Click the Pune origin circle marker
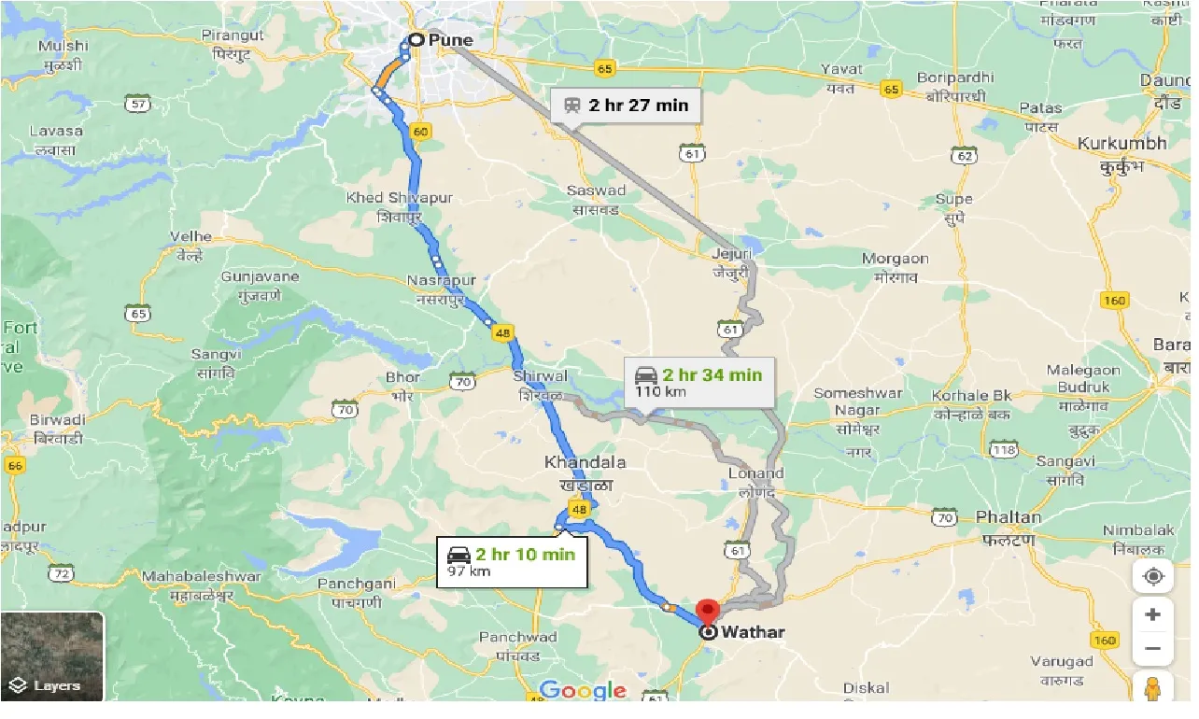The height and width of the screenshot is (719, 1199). (x=415, y=40)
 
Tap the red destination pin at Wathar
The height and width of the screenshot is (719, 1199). (x=708, y=613)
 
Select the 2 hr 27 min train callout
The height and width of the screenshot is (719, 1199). (x=626, y=106)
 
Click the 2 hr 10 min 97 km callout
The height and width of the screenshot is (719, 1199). (x=512, y=562)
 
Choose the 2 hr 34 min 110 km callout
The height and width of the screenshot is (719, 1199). (x=699, y=382)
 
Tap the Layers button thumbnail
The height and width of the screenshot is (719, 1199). (x=52, y=656)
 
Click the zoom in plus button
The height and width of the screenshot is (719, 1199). (x=1152, y=614)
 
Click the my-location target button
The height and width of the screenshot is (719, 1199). (x=1152, y=576)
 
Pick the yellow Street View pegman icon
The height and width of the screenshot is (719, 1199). (x=1152, y=688)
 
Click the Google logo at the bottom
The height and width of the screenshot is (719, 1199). (x=583, y=691)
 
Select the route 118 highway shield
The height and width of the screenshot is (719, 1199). (x=1004, y=450)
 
